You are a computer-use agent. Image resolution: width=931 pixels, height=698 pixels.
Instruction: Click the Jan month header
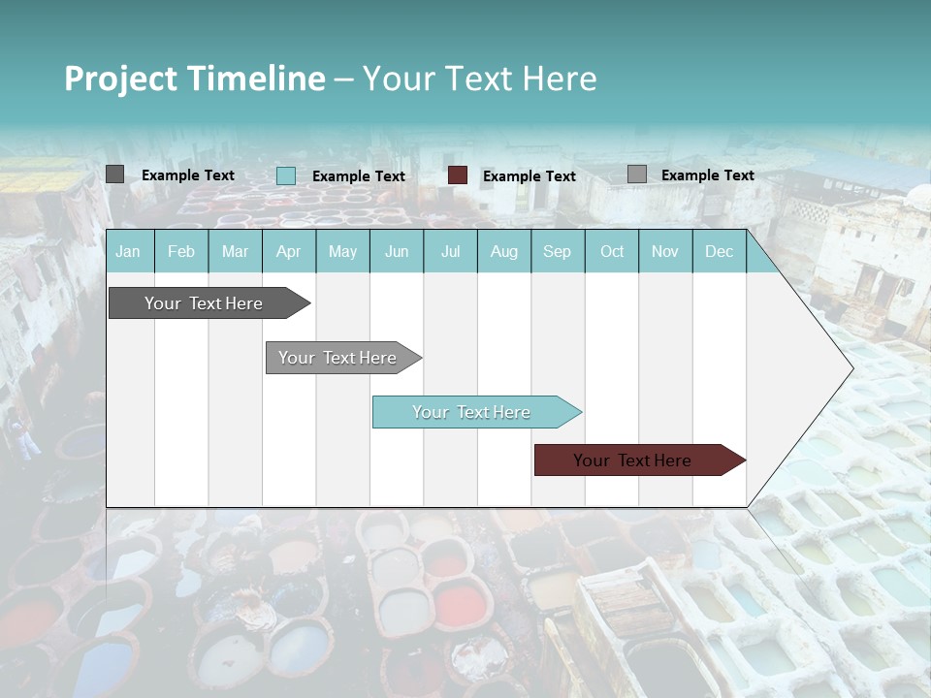(x=128, y=252)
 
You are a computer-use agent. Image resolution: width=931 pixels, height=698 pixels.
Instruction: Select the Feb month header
(x=181, y=252)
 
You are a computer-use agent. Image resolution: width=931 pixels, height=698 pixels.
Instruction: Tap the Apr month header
(x=288, y=252)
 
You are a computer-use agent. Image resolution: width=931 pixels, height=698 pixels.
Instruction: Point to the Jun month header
(x=397, y=252)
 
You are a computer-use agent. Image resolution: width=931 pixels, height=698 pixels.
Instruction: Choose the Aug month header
(x=503, y=252)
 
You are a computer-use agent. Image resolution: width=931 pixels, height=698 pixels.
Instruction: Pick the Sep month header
(x=557, y=252)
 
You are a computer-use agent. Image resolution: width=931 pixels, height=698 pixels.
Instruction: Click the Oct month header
(x=612, y=252)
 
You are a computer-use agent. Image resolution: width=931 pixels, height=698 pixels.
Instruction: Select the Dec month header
(x=719, y=252)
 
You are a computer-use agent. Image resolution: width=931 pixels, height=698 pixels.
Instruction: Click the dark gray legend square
(x=115, y=174)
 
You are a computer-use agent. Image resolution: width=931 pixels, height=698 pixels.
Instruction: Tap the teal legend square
(x=286, y=175)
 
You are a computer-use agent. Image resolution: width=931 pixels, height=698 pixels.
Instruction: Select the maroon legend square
(x=458, y=175)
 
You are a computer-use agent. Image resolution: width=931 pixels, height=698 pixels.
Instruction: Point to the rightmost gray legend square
(x=637, y=174)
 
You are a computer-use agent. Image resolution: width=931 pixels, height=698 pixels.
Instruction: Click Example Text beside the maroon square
(x=529, y=176)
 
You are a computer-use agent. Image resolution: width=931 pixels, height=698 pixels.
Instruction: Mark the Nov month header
(x=664, y=252)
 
